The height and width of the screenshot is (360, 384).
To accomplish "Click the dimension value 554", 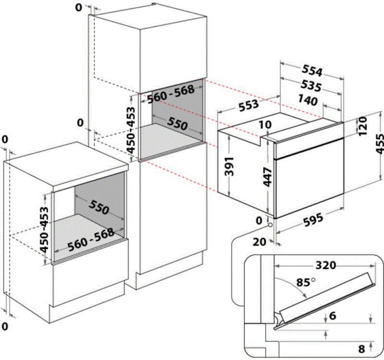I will tap(312, 71).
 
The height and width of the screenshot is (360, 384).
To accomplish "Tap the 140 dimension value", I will tap(307, 101).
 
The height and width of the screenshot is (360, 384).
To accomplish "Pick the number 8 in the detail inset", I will tap(362, 348).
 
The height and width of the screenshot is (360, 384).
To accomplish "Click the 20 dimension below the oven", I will tap(259, 242).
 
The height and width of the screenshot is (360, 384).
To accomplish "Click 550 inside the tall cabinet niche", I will tap(178, 123).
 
